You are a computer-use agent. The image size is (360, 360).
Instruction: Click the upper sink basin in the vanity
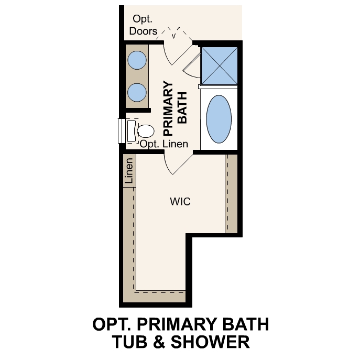point(138,60)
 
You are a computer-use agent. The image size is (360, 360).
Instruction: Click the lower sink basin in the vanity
point(138,92)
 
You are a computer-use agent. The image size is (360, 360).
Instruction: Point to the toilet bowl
point(145,130)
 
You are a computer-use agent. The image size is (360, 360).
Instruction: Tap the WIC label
point(179,201)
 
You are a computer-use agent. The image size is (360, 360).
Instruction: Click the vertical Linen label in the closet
point(129,171)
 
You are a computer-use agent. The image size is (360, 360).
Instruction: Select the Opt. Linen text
point(163,144)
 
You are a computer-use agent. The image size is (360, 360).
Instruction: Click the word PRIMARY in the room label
point(169,108)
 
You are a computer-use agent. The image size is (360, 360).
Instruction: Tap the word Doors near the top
point(143,31)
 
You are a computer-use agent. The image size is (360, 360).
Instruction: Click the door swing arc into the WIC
point(174,163)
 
